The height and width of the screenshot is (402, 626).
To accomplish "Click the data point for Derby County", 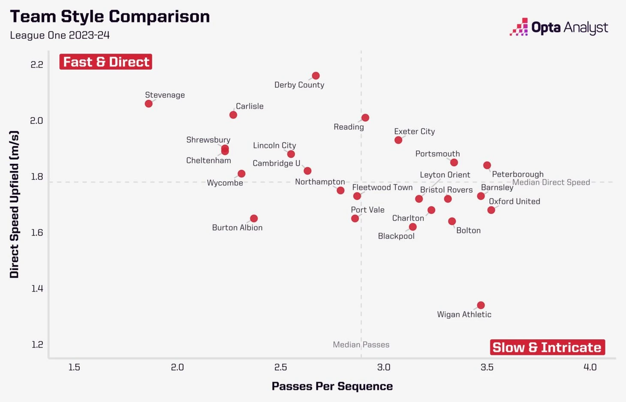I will point(316,76).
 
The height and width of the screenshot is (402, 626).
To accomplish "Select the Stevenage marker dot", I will point(149,104).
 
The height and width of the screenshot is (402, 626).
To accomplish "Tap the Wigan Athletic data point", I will point(481,305).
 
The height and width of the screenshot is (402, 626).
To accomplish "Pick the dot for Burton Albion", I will point(254,219).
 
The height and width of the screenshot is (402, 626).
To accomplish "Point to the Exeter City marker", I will point(398,140).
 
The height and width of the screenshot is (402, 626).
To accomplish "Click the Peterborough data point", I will point(487,165).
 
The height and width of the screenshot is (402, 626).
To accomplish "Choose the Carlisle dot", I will point(233,115).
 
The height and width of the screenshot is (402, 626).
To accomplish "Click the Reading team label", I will point(349,127).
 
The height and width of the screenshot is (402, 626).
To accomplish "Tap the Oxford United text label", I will point(514,201).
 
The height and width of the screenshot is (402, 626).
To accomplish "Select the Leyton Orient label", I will point(445,175).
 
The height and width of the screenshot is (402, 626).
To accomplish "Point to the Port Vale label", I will point(367,210).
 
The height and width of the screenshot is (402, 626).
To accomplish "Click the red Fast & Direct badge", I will point(106,62).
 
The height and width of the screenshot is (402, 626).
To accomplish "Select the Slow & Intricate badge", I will point(547,347).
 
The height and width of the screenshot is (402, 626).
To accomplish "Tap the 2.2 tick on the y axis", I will point(37,65).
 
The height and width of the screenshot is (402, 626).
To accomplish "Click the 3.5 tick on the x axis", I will point(487,367).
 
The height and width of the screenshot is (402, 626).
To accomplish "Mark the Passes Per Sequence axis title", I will point(332,386).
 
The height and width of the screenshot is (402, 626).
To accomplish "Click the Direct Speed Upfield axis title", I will point(14,204).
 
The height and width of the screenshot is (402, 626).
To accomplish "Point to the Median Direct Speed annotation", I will point(551,182).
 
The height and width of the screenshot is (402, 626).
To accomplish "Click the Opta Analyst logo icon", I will point(519,27).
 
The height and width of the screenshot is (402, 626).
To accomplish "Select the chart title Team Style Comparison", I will point(110,17).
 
